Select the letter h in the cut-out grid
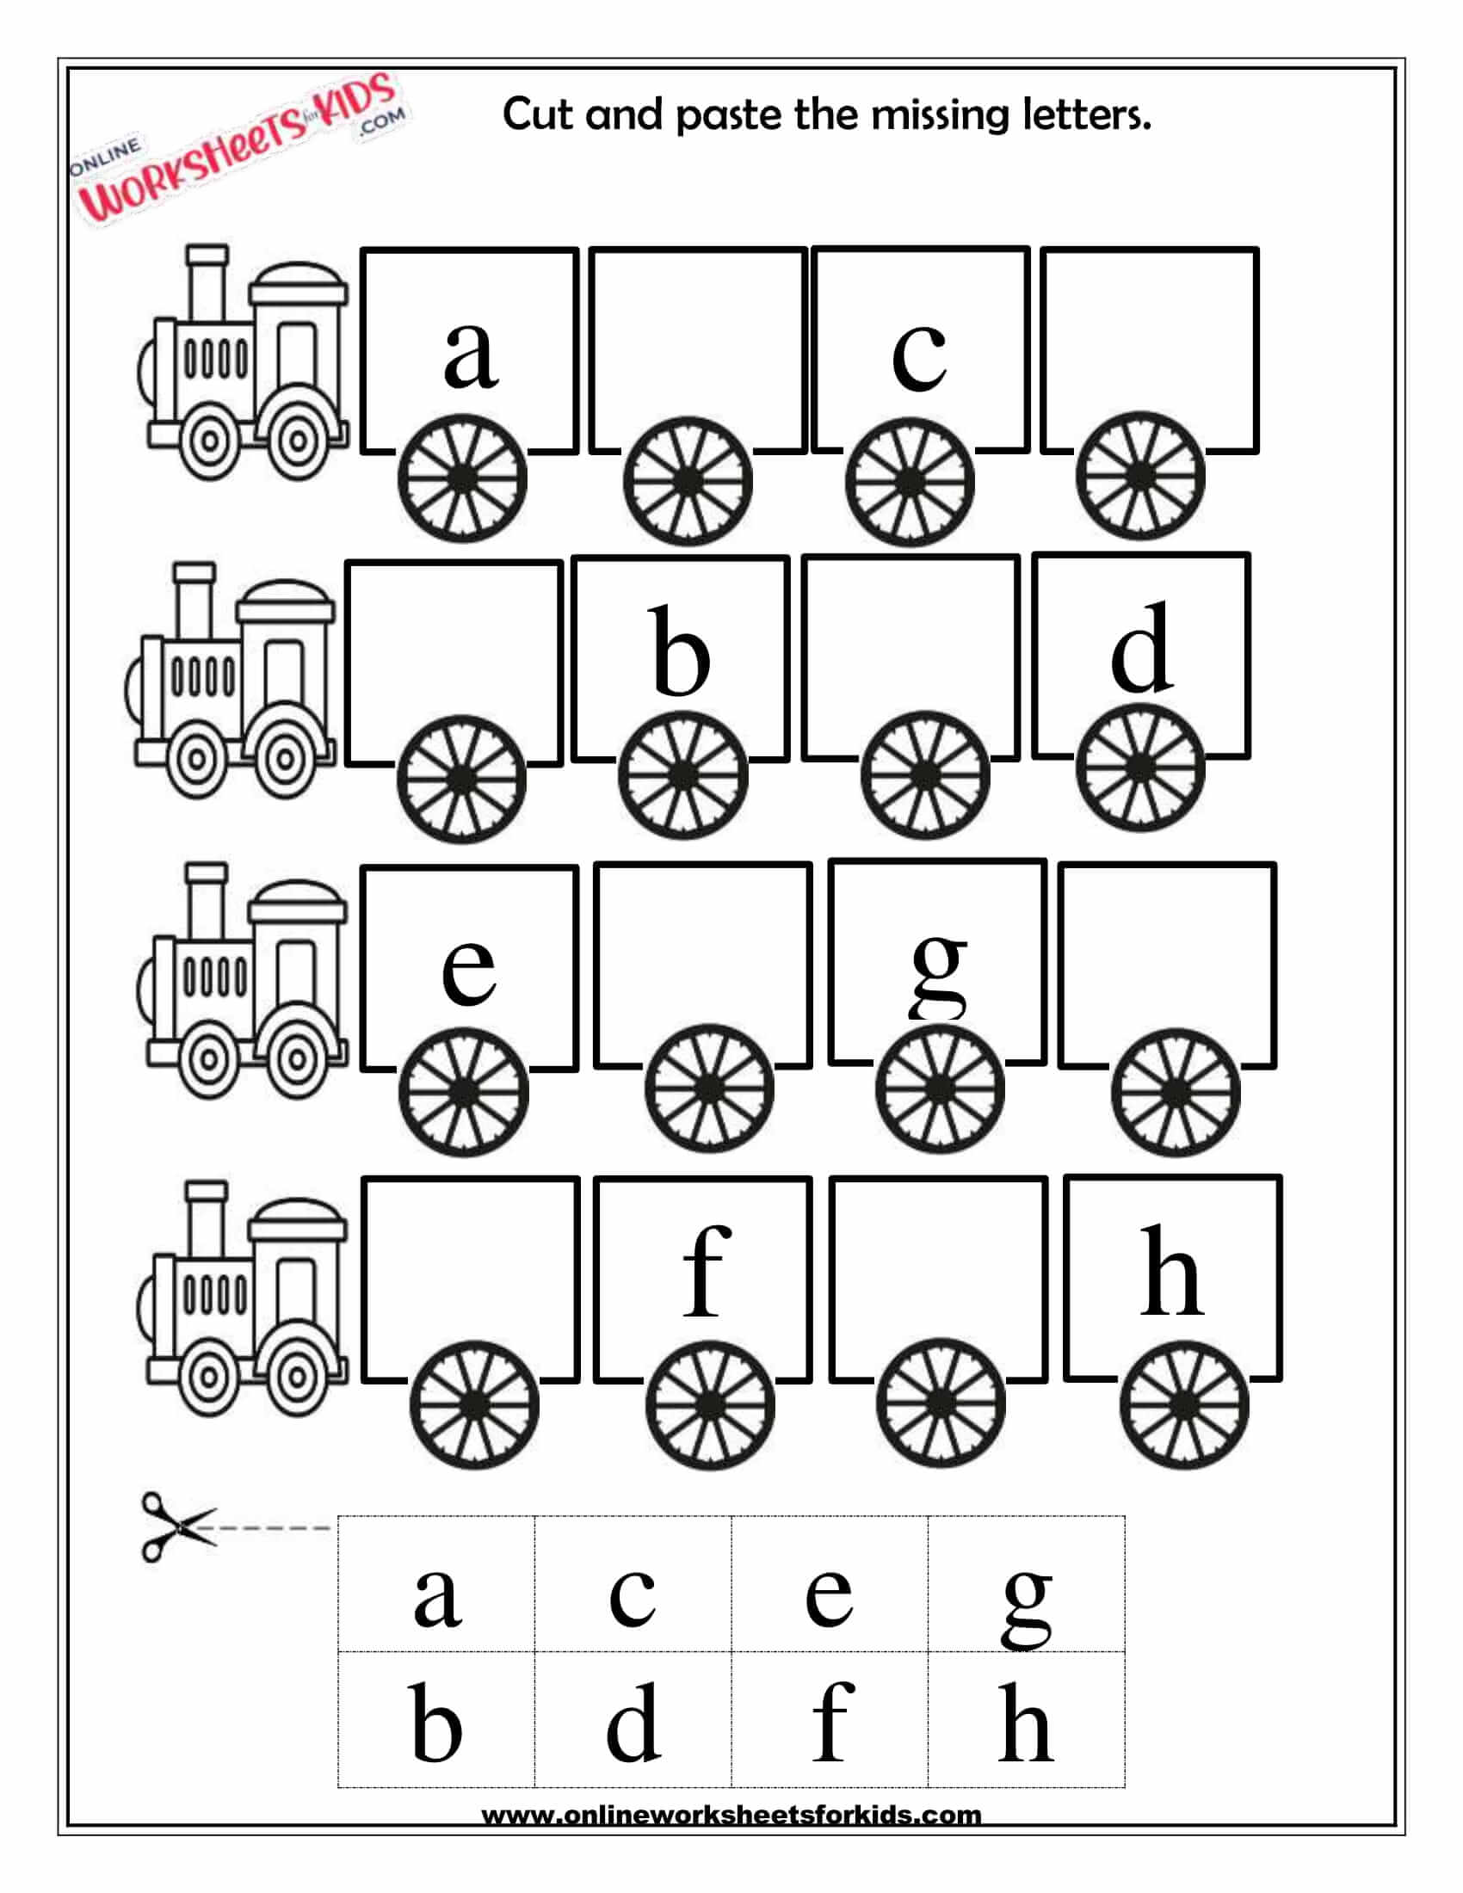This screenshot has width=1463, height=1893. tap(1025, 1724)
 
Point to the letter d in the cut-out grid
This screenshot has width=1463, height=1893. tap(633, 1724)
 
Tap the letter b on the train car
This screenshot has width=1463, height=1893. tap(681, 652)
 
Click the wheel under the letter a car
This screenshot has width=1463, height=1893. tap(462, 479)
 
